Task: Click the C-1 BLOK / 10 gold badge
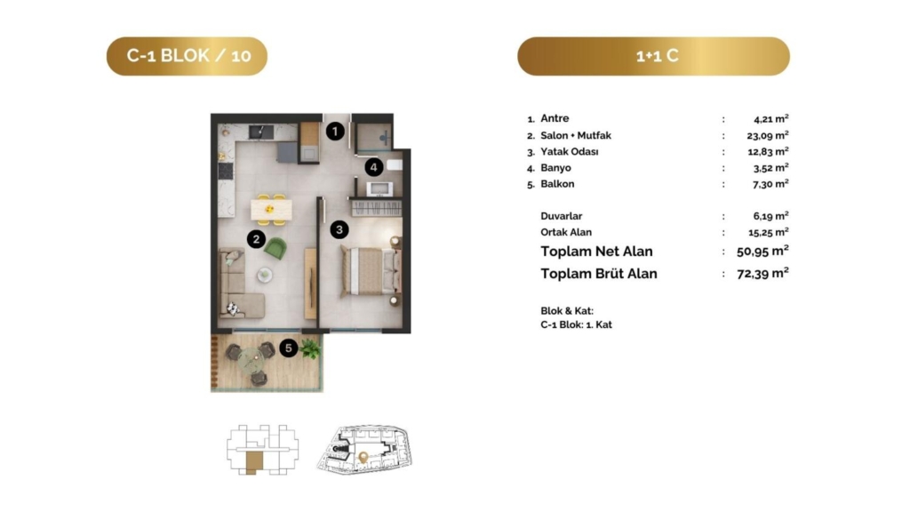pyautogui.click(x=187, y=56)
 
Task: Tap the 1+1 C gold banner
pyautogui.click(x=653, y=56)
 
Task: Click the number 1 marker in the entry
pyautogui.click(x=335, y=132)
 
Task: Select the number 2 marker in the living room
pyautogui.click(x=256, y=239)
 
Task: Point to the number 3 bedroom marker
pyautogui.click(x=339, y=230)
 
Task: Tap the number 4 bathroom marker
pyautogui.click(x=374, y=168)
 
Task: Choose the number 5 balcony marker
pyautogui.click(x=289, y=348)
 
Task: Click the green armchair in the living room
pyautogui.click(x=275, y=249)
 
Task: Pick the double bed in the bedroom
pyautogui.click(x=371, y=270)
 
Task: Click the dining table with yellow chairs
pyautogui.click(x=271, y=210)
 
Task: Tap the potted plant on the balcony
pyautogui.click(x=310, y=348)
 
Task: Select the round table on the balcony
pyautogui.click(x=251, y=362)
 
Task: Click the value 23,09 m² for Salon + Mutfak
pyautogui.click(x=767, y=136)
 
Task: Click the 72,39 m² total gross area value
pyautogui.click(x=762, y=274)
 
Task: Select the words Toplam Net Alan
pyautogui.click(x=596, y=252)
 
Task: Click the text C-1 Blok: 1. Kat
pyautogui.click(x=576, y=325)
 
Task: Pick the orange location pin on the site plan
pyautogui.click(x=363, y=458)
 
